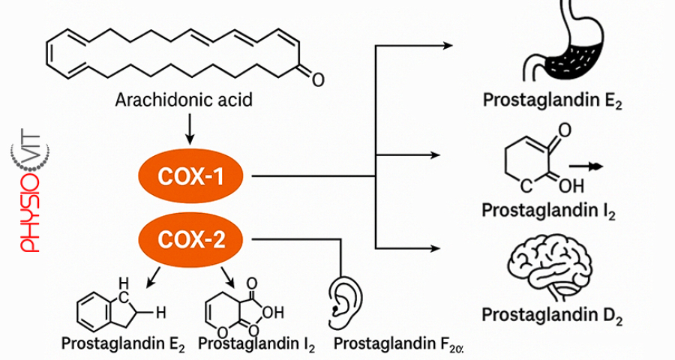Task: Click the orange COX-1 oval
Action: [x=190, y=177]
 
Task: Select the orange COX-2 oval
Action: [x=190, y=240]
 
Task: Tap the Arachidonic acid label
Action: [x=183, y=100]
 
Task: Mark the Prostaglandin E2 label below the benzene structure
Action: [x=124, y=344]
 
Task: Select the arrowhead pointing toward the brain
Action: [x=448, y=248]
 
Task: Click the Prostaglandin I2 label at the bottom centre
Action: [x=257, y=344]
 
